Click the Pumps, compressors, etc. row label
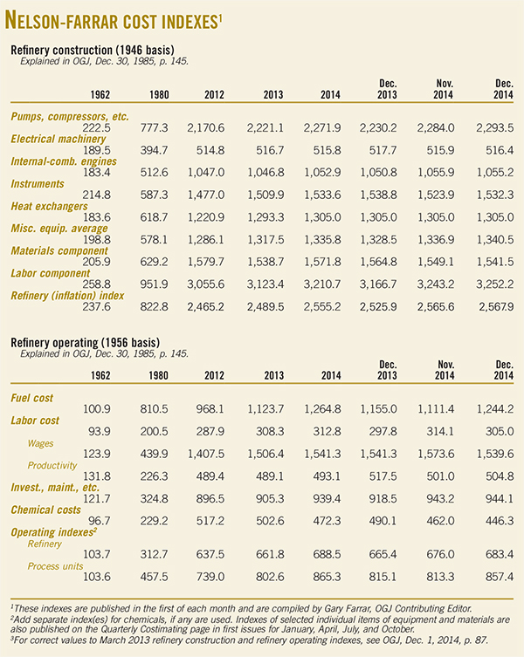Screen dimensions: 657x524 coord(70,116)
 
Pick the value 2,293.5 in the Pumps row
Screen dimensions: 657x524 coord(487,127)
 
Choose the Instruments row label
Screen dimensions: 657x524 coord(40,184)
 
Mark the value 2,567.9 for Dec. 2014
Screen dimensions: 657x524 coord(487,309)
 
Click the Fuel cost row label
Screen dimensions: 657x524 coord(36,399)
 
